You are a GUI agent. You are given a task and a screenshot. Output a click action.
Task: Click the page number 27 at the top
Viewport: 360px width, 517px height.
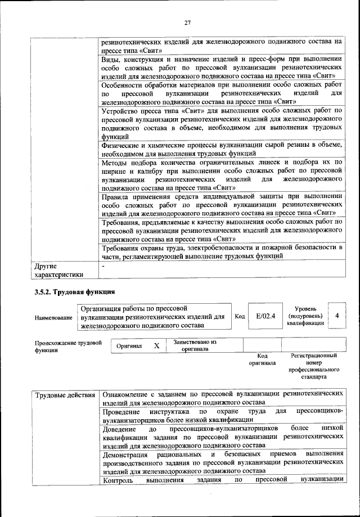pos(187,22)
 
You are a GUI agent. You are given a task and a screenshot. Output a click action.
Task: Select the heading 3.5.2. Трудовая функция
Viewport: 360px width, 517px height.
pos(75,292)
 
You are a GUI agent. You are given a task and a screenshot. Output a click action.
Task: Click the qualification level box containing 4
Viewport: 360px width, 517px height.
pos(336,316)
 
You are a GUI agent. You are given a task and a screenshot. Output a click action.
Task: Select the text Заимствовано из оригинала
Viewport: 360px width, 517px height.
pos(195,345)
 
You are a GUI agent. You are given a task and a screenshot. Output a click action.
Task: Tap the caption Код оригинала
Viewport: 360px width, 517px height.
pos(262,359)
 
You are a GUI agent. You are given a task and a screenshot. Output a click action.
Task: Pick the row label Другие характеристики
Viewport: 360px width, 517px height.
pos(58,269)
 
